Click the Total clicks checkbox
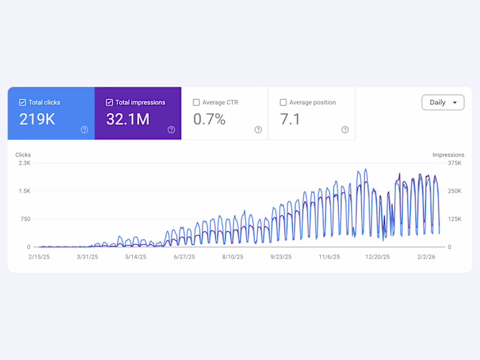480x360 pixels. pyautogui.click(x=23, y=102)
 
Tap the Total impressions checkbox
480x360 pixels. pyautogui.click(x=110, y=102)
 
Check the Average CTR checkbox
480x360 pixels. pyautogui.click(x=197, y=102)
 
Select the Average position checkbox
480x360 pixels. pyautogui.click(x=283, y=102)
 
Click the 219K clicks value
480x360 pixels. pyautogui.click(x=38, y=119)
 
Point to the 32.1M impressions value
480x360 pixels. pyautogui.click(x=128, y=119)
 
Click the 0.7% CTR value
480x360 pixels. pyautogui.click(x=209, y=119)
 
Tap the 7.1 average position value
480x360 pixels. pyautogui.click(x=290, y=119)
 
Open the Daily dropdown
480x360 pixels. pyautogui.click(x=443, y=102)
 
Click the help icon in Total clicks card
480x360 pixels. pyautogui.click(x=84, y=130)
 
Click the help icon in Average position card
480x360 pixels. pyautogui.click(x=345, y=130)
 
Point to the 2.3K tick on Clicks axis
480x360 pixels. pyautogui.click(x=24, y=163)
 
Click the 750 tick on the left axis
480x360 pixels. pyautogui.click(x=25, y=219)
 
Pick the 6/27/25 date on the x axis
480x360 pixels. pyautogui.click(x=184, y=257)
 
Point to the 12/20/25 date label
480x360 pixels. pyautogui.click(x=378, y=257)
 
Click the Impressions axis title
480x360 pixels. pyautogui.click(x=448, y=155)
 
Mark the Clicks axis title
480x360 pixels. pyautogui.click(x=23, y=155)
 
